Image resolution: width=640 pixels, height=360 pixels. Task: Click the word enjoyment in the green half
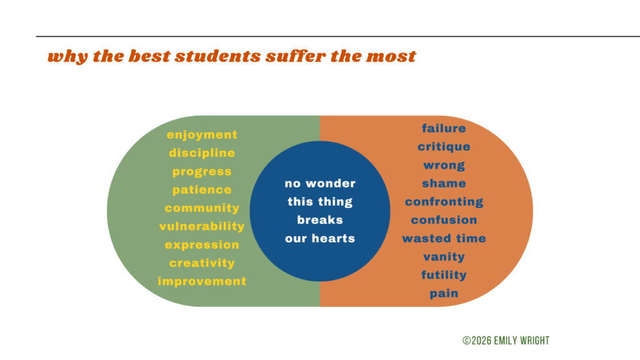[202, 135]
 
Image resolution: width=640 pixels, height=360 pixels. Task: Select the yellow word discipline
[202, 153]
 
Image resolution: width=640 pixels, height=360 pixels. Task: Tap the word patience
[202, 190]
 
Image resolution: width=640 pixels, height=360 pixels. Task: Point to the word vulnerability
[202, 226]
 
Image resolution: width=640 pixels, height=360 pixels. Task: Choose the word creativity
[202, 263]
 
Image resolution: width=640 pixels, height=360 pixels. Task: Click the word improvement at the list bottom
[202, 282]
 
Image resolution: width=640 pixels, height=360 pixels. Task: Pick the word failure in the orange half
[444, 129]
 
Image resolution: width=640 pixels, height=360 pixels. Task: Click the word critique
[444, 147]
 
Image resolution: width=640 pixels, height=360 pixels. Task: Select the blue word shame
[444, 183]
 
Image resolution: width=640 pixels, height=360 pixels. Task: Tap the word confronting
[444, 202]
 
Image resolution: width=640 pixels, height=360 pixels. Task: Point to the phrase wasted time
[444, 238]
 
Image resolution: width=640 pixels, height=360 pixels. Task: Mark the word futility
[444, 275]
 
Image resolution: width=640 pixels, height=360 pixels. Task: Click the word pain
[444, 294]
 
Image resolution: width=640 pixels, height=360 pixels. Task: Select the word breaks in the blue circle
[319, 220]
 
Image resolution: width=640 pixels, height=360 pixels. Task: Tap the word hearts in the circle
[333, 238]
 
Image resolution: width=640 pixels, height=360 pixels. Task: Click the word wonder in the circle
[331, 184]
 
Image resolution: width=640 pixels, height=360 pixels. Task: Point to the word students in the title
[217, 56]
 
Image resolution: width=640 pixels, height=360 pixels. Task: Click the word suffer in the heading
[296, 56]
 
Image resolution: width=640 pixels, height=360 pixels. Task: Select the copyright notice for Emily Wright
[506, 341]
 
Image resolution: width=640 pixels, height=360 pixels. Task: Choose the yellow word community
[202, 209]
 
